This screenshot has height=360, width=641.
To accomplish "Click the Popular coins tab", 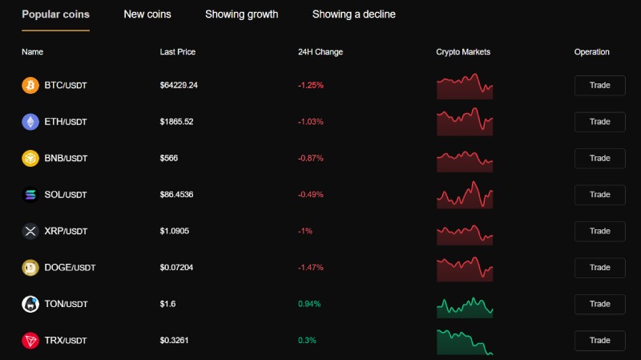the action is coord(55,14).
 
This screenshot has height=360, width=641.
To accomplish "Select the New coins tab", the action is coord(147,14).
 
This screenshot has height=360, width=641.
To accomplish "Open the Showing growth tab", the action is coord(242,14).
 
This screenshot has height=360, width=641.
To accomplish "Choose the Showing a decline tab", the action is coord(353,14).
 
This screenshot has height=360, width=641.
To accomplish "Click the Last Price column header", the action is coord(177,52).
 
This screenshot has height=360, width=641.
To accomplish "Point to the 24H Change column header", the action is coord(320,52).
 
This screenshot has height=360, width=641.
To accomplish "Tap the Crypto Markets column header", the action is coord(463,52).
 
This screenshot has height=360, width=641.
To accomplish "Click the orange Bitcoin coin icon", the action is coord(30,86).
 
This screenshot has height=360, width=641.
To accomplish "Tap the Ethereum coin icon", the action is coord(30,122).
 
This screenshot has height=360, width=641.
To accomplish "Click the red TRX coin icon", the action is coord(30,341).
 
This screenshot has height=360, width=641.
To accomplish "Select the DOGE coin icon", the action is coord(30,268).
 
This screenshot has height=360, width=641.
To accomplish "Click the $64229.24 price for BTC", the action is coord(179,85).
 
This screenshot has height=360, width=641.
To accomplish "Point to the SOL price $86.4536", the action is coord(176,194).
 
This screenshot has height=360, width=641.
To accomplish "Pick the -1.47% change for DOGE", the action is coord(311,268).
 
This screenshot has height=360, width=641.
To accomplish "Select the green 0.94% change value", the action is coord(309,304).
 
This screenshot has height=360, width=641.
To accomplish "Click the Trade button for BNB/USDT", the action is coord(599,158).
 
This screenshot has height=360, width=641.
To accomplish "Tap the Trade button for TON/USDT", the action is coord(599,304).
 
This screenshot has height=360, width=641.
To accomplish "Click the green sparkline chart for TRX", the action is coord(465,342).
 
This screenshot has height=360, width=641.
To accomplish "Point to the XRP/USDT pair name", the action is coord(66,231).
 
